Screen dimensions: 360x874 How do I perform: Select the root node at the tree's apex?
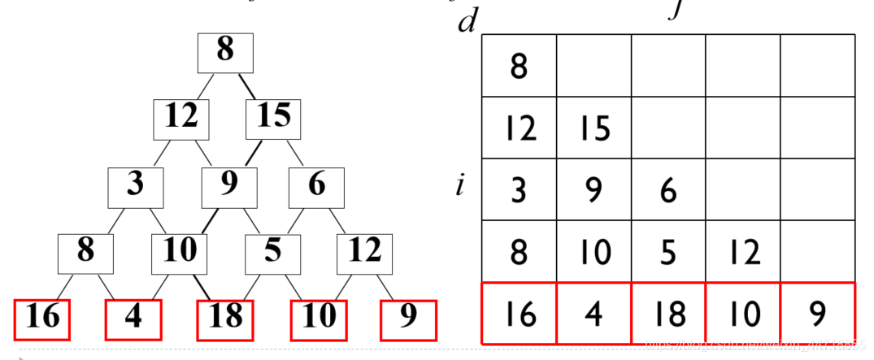pos(226,52)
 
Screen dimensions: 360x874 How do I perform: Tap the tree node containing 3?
pos(136,186)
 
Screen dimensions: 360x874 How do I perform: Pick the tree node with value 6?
pos(316,186)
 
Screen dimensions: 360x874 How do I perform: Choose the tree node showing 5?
pos(272,253)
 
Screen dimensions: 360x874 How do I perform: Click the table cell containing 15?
pos(594,128)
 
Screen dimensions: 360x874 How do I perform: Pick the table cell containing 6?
pos(669,190)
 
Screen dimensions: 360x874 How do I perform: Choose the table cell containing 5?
pos(669,252)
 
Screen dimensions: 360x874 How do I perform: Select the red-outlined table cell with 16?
pos(519,314)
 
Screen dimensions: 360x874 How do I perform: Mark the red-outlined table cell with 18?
pos(669,314)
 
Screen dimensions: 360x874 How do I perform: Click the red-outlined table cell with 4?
pos(594,314)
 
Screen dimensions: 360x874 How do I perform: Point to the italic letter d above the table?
pos(467,21)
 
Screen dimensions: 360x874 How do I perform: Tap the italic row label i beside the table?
pos(460,186)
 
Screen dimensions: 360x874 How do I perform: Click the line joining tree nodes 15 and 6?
pos(295,153)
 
